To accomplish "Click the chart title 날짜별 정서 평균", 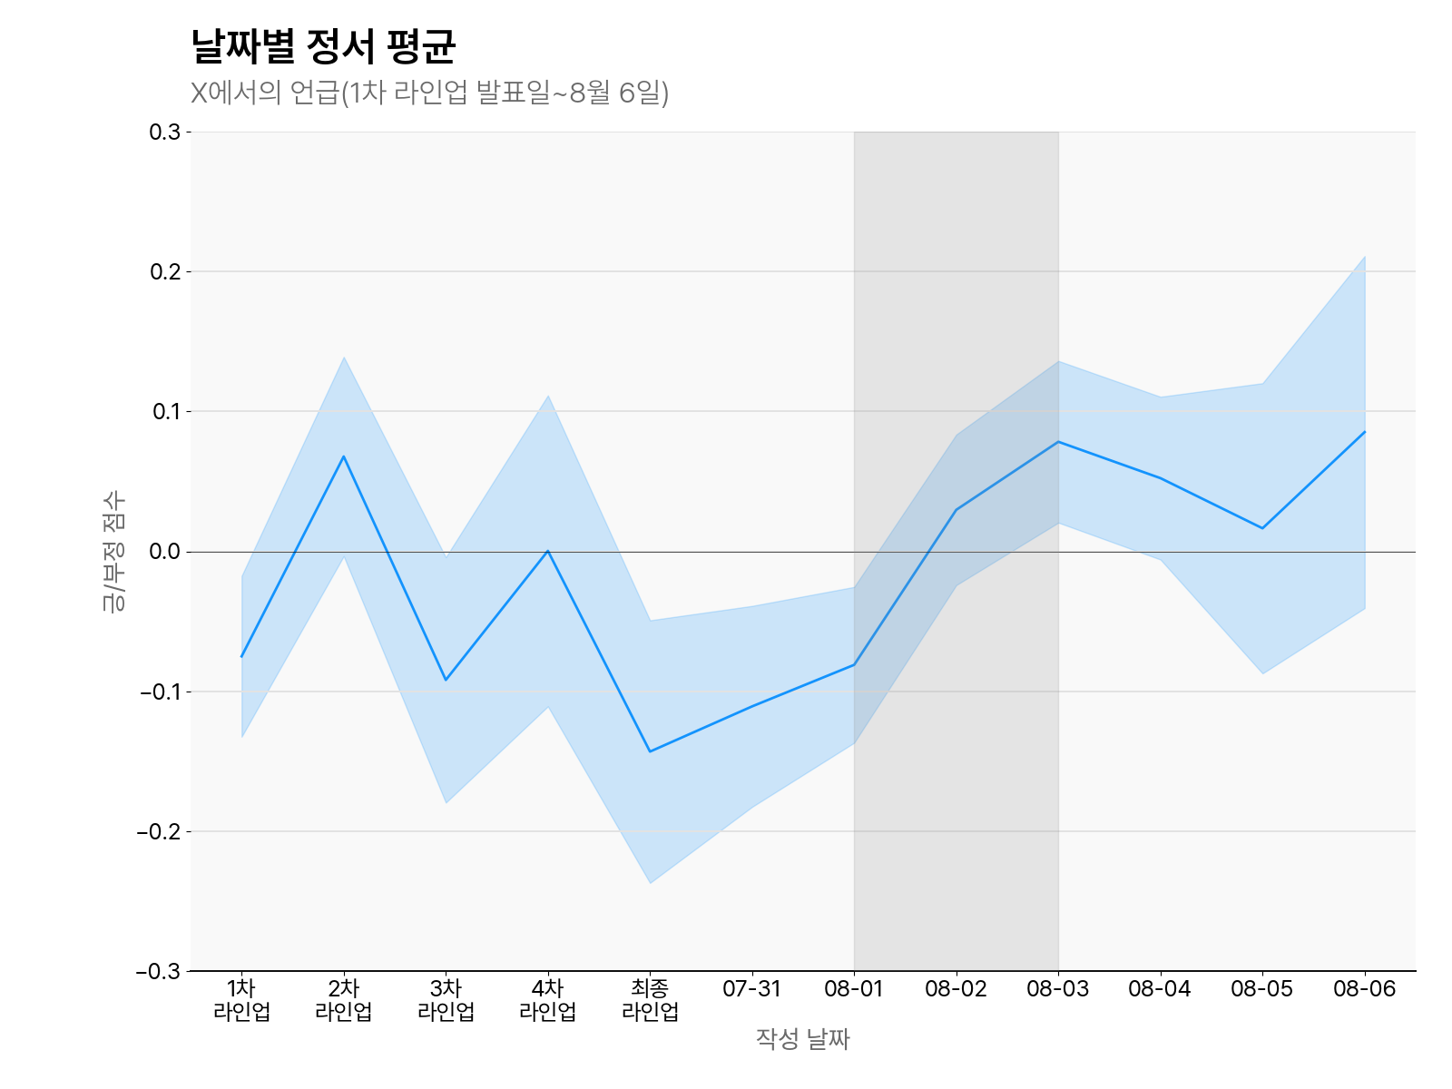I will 322,46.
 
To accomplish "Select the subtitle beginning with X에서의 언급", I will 429,93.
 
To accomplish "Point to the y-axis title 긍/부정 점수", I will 113,552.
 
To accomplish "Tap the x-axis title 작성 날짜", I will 802,1039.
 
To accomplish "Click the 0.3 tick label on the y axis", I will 164,132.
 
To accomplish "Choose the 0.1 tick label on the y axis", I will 164,412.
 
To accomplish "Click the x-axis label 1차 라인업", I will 241,1000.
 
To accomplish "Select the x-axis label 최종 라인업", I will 650,1000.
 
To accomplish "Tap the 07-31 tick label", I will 751,989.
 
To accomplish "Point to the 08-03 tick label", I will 1057,989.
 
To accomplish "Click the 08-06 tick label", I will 1364,989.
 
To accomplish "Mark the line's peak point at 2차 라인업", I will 343,456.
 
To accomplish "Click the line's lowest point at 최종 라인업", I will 650,751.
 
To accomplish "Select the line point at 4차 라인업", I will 547,551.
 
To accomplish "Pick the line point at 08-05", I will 1262,528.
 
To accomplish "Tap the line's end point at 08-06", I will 1364,432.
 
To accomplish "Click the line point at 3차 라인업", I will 446,680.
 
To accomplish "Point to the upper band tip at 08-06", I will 1364,257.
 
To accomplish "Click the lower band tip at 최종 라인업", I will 650,883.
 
